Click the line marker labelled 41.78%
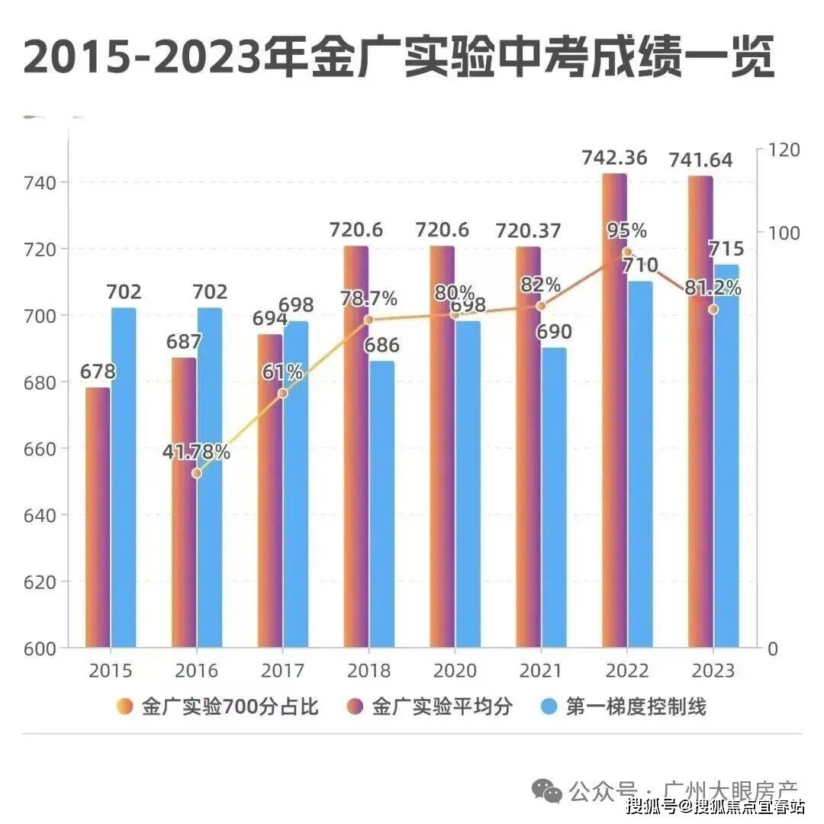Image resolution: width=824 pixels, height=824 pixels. click(x=196, y=473)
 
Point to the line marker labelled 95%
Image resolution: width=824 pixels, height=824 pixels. click(x=626, y=252)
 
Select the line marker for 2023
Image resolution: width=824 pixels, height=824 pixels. click(x=713, y=309)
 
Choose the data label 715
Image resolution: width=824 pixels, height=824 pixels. click(x=722, y=249)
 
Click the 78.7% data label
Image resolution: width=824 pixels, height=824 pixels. click(x=369, y=298)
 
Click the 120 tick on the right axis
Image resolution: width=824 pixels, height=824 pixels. click(x=784, y=150)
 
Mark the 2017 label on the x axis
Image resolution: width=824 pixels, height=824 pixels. click(x=282, y=671)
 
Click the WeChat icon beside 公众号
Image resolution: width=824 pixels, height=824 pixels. click(x=547, y=790)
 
